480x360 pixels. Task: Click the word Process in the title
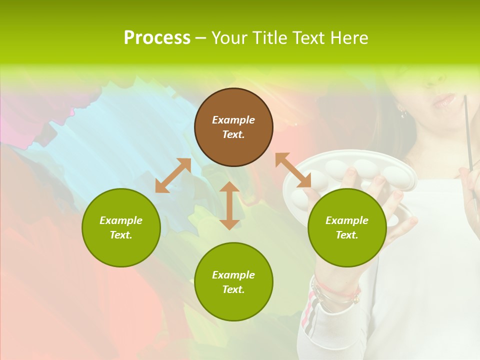click(157, 38)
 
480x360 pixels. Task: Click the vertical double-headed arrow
click(229, 205)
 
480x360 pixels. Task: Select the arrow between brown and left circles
click(173, 175)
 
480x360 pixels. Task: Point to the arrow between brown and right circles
click(293, 170)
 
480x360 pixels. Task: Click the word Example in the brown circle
click(233, 120)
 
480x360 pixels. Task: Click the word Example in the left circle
click(121, 220)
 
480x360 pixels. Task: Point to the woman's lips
click(444, 100)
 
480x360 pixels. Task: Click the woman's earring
click(403, 111)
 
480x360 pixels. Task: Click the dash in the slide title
click(200, 38)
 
